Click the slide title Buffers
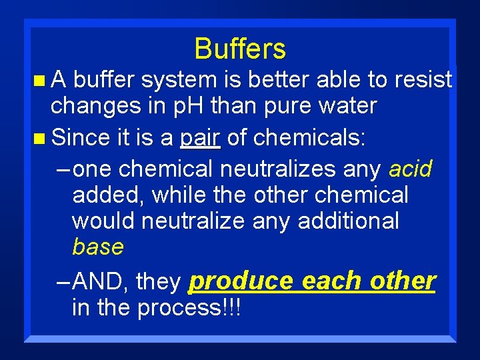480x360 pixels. coord(240,49)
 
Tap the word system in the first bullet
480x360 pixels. coord(177,81)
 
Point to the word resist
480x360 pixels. coord(423,81)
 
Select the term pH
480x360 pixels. coord(190,106)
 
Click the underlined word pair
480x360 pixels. coord(200,138)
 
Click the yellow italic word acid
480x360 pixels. coord(410,169)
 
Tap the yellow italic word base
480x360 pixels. coord(98,247)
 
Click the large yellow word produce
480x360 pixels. coord(241,281)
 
